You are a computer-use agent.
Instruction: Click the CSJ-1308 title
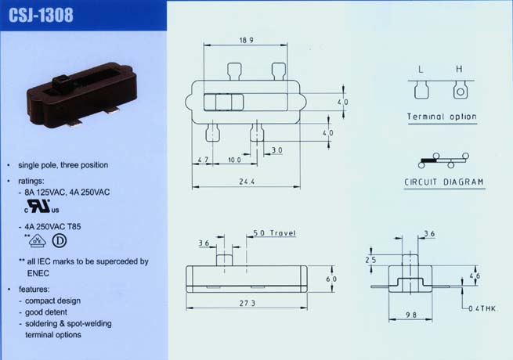point(41,15)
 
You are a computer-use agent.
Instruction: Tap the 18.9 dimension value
point(247,40)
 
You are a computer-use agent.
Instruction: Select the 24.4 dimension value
point(247,182)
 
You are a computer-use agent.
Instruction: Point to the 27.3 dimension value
point(247,303)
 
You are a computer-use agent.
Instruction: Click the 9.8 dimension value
point(411,315)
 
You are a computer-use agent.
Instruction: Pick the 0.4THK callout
point(482,308)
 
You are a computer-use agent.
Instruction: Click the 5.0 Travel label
point(274,232)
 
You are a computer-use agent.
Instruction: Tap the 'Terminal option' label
point(442,117)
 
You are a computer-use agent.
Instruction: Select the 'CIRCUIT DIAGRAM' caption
point(444,182)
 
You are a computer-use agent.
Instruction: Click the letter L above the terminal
point(421,70)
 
